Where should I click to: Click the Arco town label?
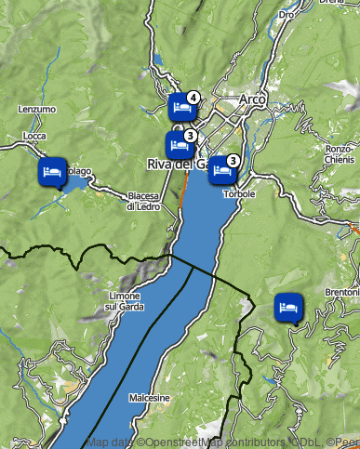click(x=252, y=99)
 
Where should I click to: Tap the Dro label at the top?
click(x=287, y=15)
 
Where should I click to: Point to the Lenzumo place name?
click(x=37, y=109)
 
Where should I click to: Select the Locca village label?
click(x=34, y=136)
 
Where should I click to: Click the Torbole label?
click(x=239, y=193)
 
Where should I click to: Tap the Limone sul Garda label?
click(x=124, y=300)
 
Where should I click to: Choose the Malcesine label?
click(x=150, y=398)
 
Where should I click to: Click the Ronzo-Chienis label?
click(x=339, y=153)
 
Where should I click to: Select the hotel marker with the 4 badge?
click(x=181, y=108)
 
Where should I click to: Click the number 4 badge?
click(x=193, y=97)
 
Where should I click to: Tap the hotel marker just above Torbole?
click(x=221, y=169)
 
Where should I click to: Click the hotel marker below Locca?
click(x=52, y=172)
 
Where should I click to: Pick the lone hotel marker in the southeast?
click(x=288, y=306)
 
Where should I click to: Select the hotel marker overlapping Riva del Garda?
click(x=178, y=145)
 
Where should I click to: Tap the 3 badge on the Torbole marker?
click(x=233, y=160)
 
